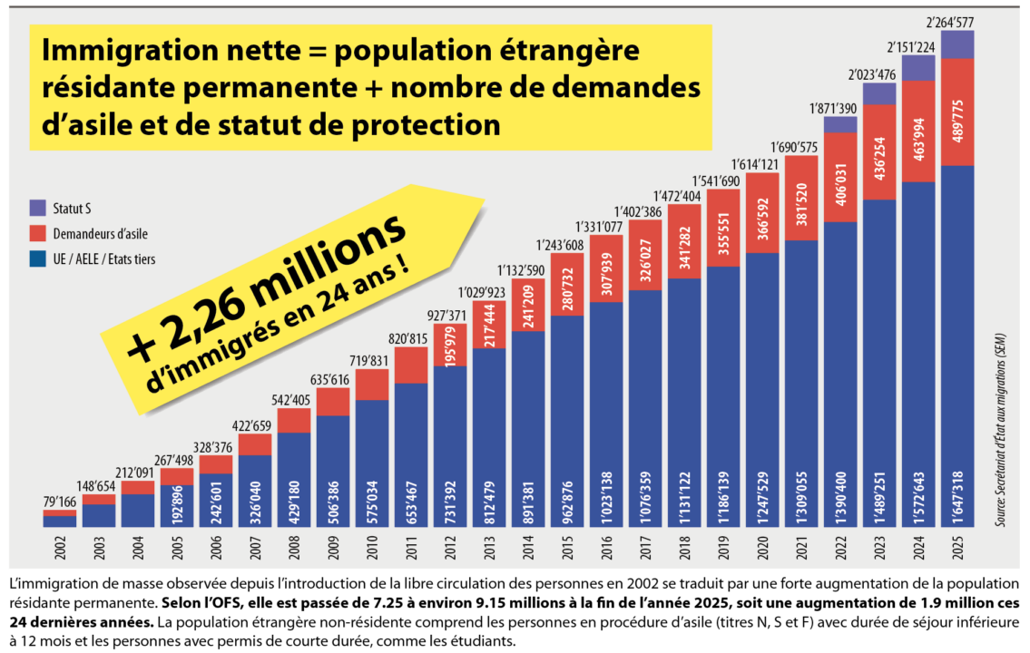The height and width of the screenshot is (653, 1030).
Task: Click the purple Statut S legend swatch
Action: (36, 209)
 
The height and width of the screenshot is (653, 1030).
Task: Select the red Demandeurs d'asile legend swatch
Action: (36, 234)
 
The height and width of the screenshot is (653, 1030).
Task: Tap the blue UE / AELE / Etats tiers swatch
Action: (36, 259)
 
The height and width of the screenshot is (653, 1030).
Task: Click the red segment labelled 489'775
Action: (956, 112)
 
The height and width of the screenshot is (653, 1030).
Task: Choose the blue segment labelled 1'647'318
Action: (956, 345)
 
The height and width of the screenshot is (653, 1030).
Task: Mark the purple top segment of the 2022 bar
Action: (840, 124)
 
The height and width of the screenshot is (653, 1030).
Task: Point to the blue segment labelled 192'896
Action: (177, 506)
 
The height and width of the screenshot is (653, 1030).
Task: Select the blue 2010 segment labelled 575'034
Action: (372, 463)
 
